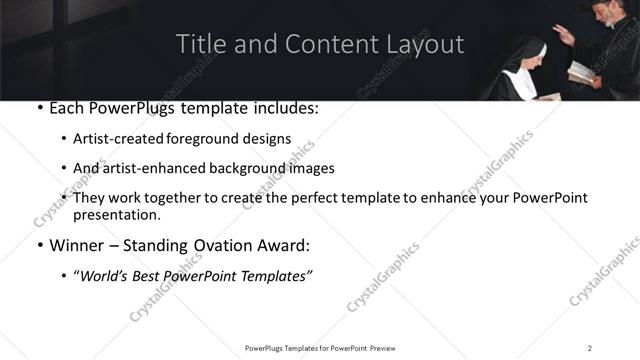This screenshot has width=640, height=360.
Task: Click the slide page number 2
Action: coord(589,347)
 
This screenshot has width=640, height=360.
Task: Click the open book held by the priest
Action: coord(579,72)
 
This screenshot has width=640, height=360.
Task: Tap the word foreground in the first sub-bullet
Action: coord(208,139)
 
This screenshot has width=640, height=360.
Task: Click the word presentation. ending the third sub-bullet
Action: coord(116,215)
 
